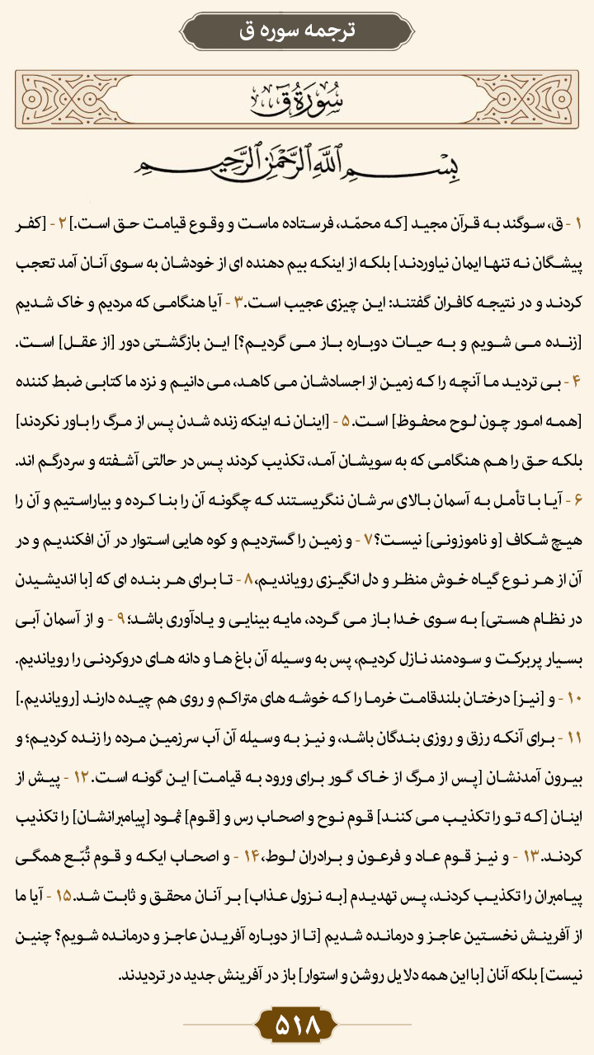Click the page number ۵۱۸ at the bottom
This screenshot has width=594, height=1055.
[297, 1027]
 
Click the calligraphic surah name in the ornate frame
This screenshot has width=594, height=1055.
[296, 100]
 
